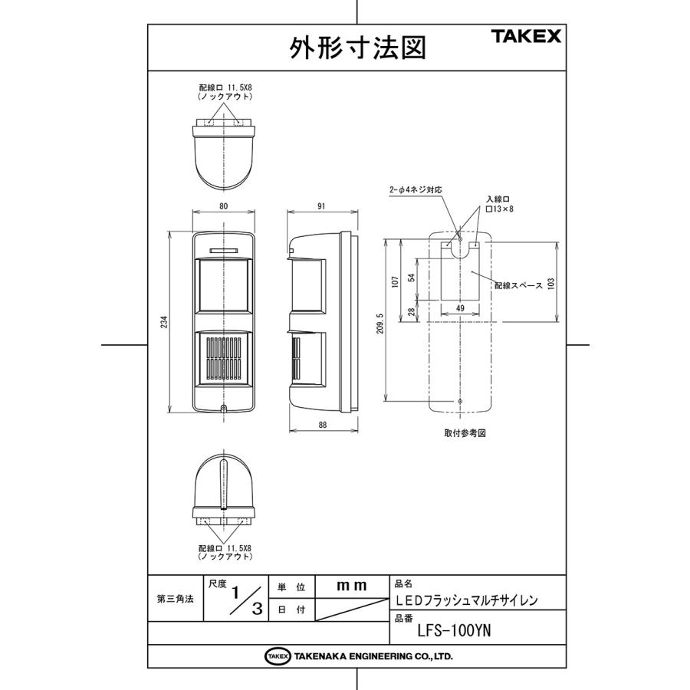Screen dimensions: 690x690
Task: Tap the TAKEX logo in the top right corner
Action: tap(526, 36)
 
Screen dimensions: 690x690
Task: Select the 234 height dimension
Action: tap(163, 324)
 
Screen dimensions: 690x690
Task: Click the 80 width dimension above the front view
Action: tap(223, 206)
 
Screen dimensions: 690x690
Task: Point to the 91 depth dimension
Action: tap(321, 206)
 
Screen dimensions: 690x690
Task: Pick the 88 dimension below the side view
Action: tap(321, 424)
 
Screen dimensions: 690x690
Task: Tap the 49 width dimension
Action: tap(461, 308)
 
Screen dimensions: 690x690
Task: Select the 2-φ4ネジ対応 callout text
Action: tap(416, 188)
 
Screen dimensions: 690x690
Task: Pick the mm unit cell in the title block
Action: tap(352, 586)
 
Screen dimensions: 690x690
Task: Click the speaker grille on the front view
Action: tap(223, 360)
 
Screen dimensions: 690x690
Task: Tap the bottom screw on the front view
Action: tap(223, 408)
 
